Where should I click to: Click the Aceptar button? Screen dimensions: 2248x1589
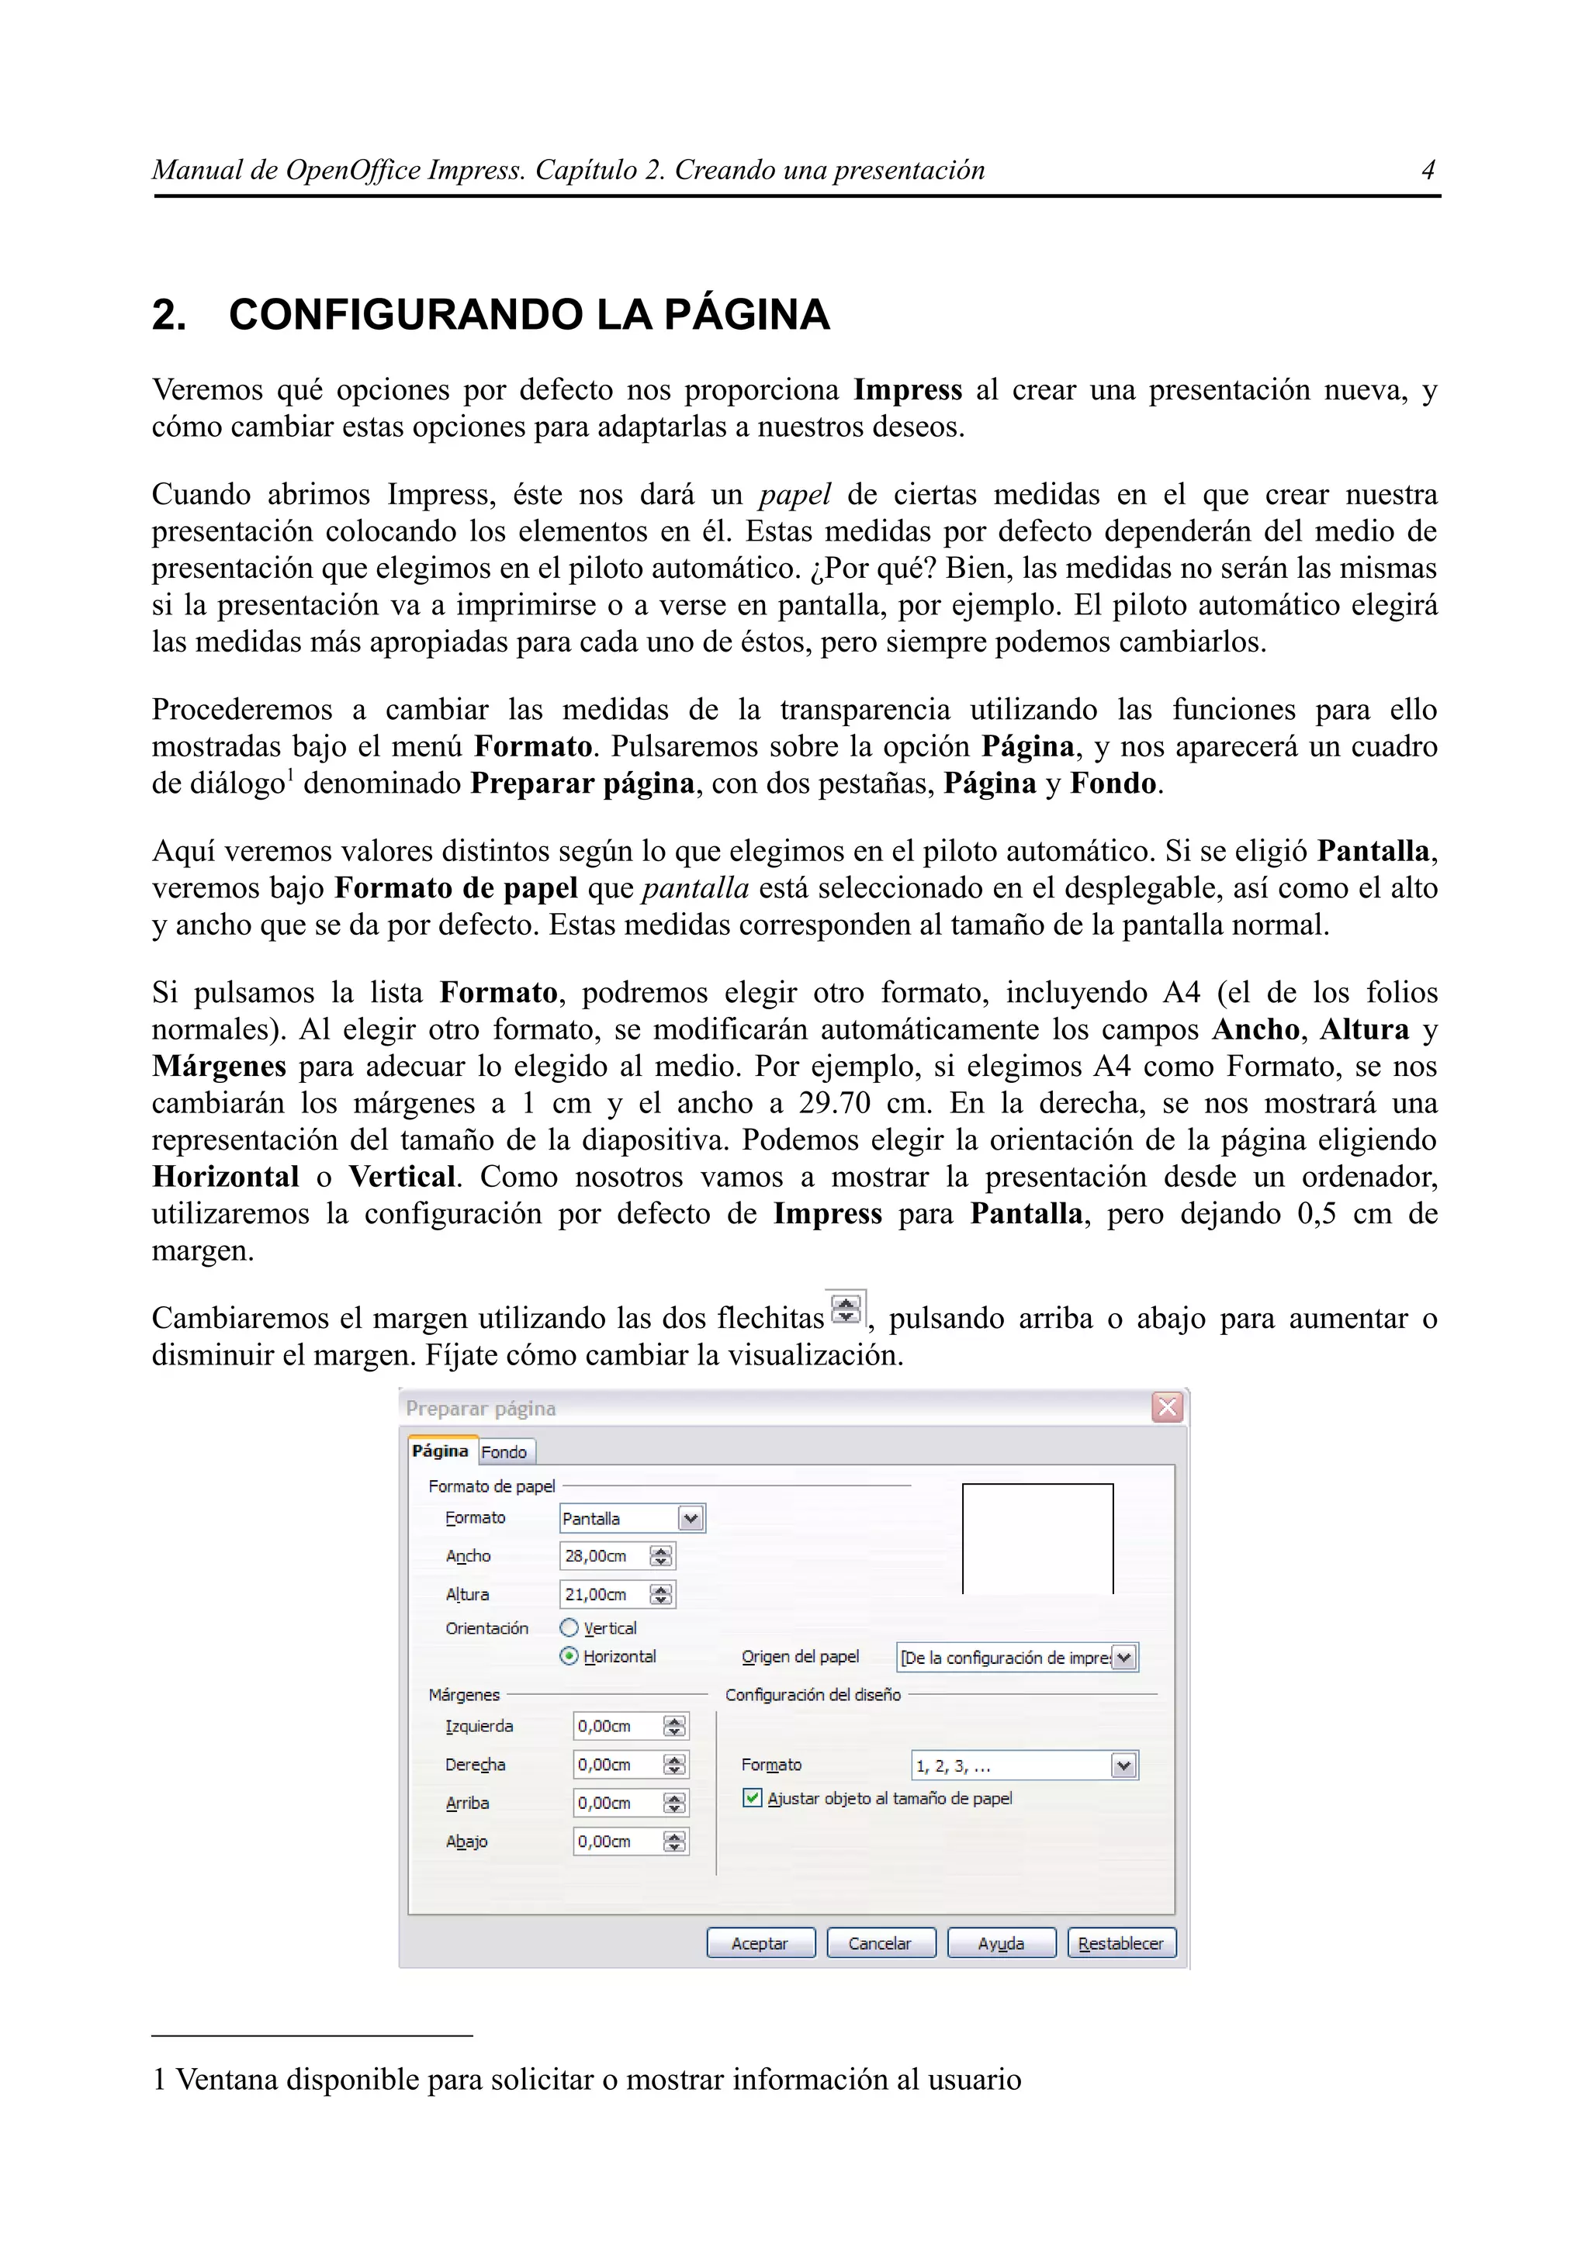tap(760, 1943)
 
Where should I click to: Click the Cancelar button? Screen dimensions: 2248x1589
tap(880, 1943)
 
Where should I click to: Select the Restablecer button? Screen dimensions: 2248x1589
tap(1121, 1943)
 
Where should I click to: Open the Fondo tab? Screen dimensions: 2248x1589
tap(504, 1452)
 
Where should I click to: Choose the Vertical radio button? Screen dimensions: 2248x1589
tap(569, 1628)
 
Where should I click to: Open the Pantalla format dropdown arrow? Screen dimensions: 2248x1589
tap(691, 1519)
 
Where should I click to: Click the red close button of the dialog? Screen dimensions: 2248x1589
tap(1167, 1408)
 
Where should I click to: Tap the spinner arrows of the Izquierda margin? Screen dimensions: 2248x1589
tap(674, 1726)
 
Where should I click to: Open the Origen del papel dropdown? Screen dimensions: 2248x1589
tap(1124, 1658)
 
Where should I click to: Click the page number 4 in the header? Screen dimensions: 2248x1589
tap(1428, 171)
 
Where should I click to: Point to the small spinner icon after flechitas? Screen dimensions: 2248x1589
tap(846, 1309)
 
